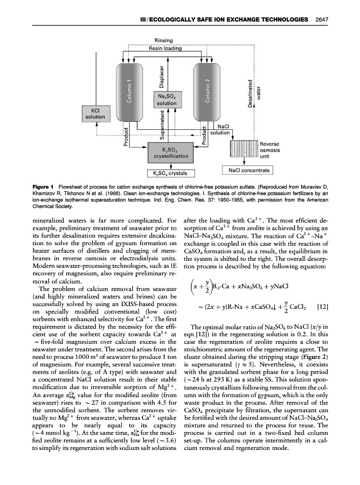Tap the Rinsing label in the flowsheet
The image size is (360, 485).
[163, 40]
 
